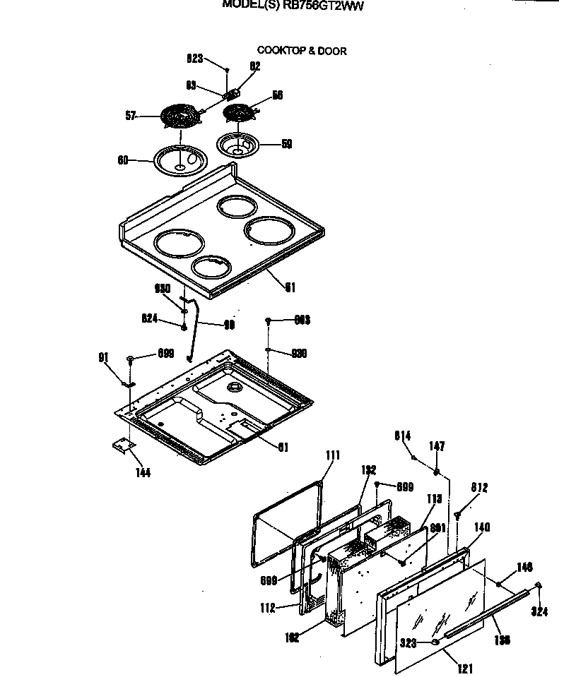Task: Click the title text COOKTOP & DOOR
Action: pyautogui.click(x=302, y=51)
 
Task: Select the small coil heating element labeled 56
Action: pyautogui.click(x=238, y=112)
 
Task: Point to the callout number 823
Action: pyautogui.click(x=195, y=59)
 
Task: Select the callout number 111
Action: pyautogui.click(x=333, y=455)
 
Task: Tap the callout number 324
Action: pyautogui.click(x=539, y=612)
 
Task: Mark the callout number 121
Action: pyautogui.click(x=465, y=669)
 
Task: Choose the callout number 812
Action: pyautogui.click(x=479, y=488)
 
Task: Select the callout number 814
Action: pyautogui.click(x=403, y=436)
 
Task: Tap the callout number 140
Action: pyautogui.click(x=482, y=527)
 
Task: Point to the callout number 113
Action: pyautogui.click(x=434, y=499)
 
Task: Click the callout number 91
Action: pyautogui.click(x=102, y=357)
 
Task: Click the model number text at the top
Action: pyautogui.click(x=293, y=4)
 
